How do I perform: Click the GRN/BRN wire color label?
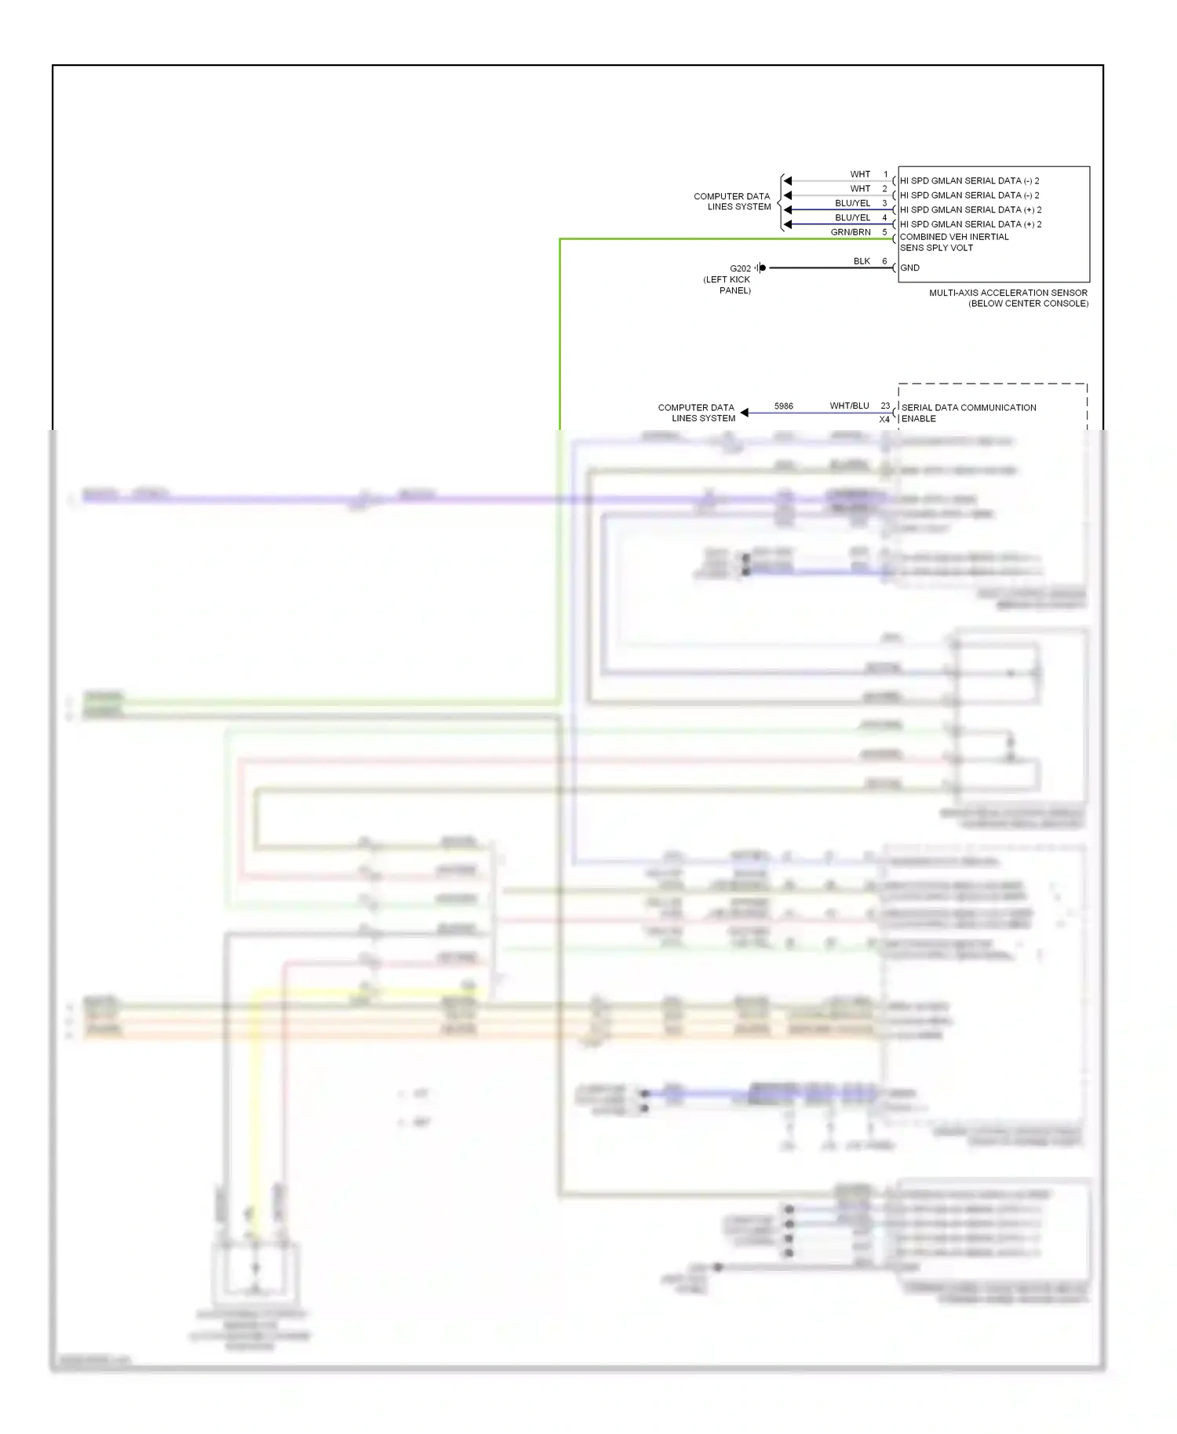pyautogui.click(x=851, y=232)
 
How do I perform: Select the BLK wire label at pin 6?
pyautogui.click(x=862, y=261)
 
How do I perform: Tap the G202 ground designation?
pyautogui.click(x=740, y=268)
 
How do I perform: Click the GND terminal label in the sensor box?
pyautogui.click(x=910, y=268)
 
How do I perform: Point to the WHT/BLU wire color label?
pyautogui.click(x=849, y=406)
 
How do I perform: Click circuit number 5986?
pyautogui.click(x=783, y=406)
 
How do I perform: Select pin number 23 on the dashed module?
pyautogui.click(x=885, y=406)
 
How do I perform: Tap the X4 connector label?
pyautogui.click(x=884, y=419)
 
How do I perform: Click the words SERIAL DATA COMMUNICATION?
pyautogui.click(x=969, y=408)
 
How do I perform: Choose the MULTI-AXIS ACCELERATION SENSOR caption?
pyautogui.click(x=1008, y=293)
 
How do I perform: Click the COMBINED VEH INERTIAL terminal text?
pyautogui.click(x=954, y=237)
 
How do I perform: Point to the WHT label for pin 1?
pyautogui.click(x=860, y=174)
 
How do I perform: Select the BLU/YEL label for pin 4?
pyautogui.click(x=852, y=218)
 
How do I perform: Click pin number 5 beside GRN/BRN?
pyautogui.click(x=885, y=232)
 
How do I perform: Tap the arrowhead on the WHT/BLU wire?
pyautogui.click(x=744, y=413)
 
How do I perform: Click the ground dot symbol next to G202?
pyautogui.click(x=763, y=268)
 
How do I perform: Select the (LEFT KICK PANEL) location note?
pyautogui.click(x=727, y=285)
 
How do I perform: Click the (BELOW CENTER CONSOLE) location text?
pyautogui.click(x=1028, y=304)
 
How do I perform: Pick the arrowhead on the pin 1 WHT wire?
pyautogui.click(x=787, y=181)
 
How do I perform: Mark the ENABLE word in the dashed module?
pyautogui.click(x=919, y=419)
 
